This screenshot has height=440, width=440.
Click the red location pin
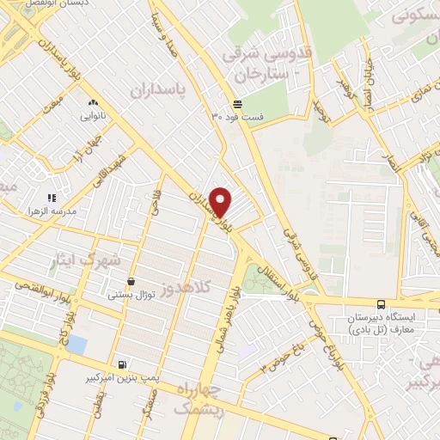click(x=221, y=201)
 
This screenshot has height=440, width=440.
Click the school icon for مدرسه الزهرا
click(x=52, y=199)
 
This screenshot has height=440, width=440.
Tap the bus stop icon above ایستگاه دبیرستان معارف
click(x=380, y=303)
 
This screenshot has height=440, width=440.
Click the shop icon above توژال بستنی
click(x=131, y=281)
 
